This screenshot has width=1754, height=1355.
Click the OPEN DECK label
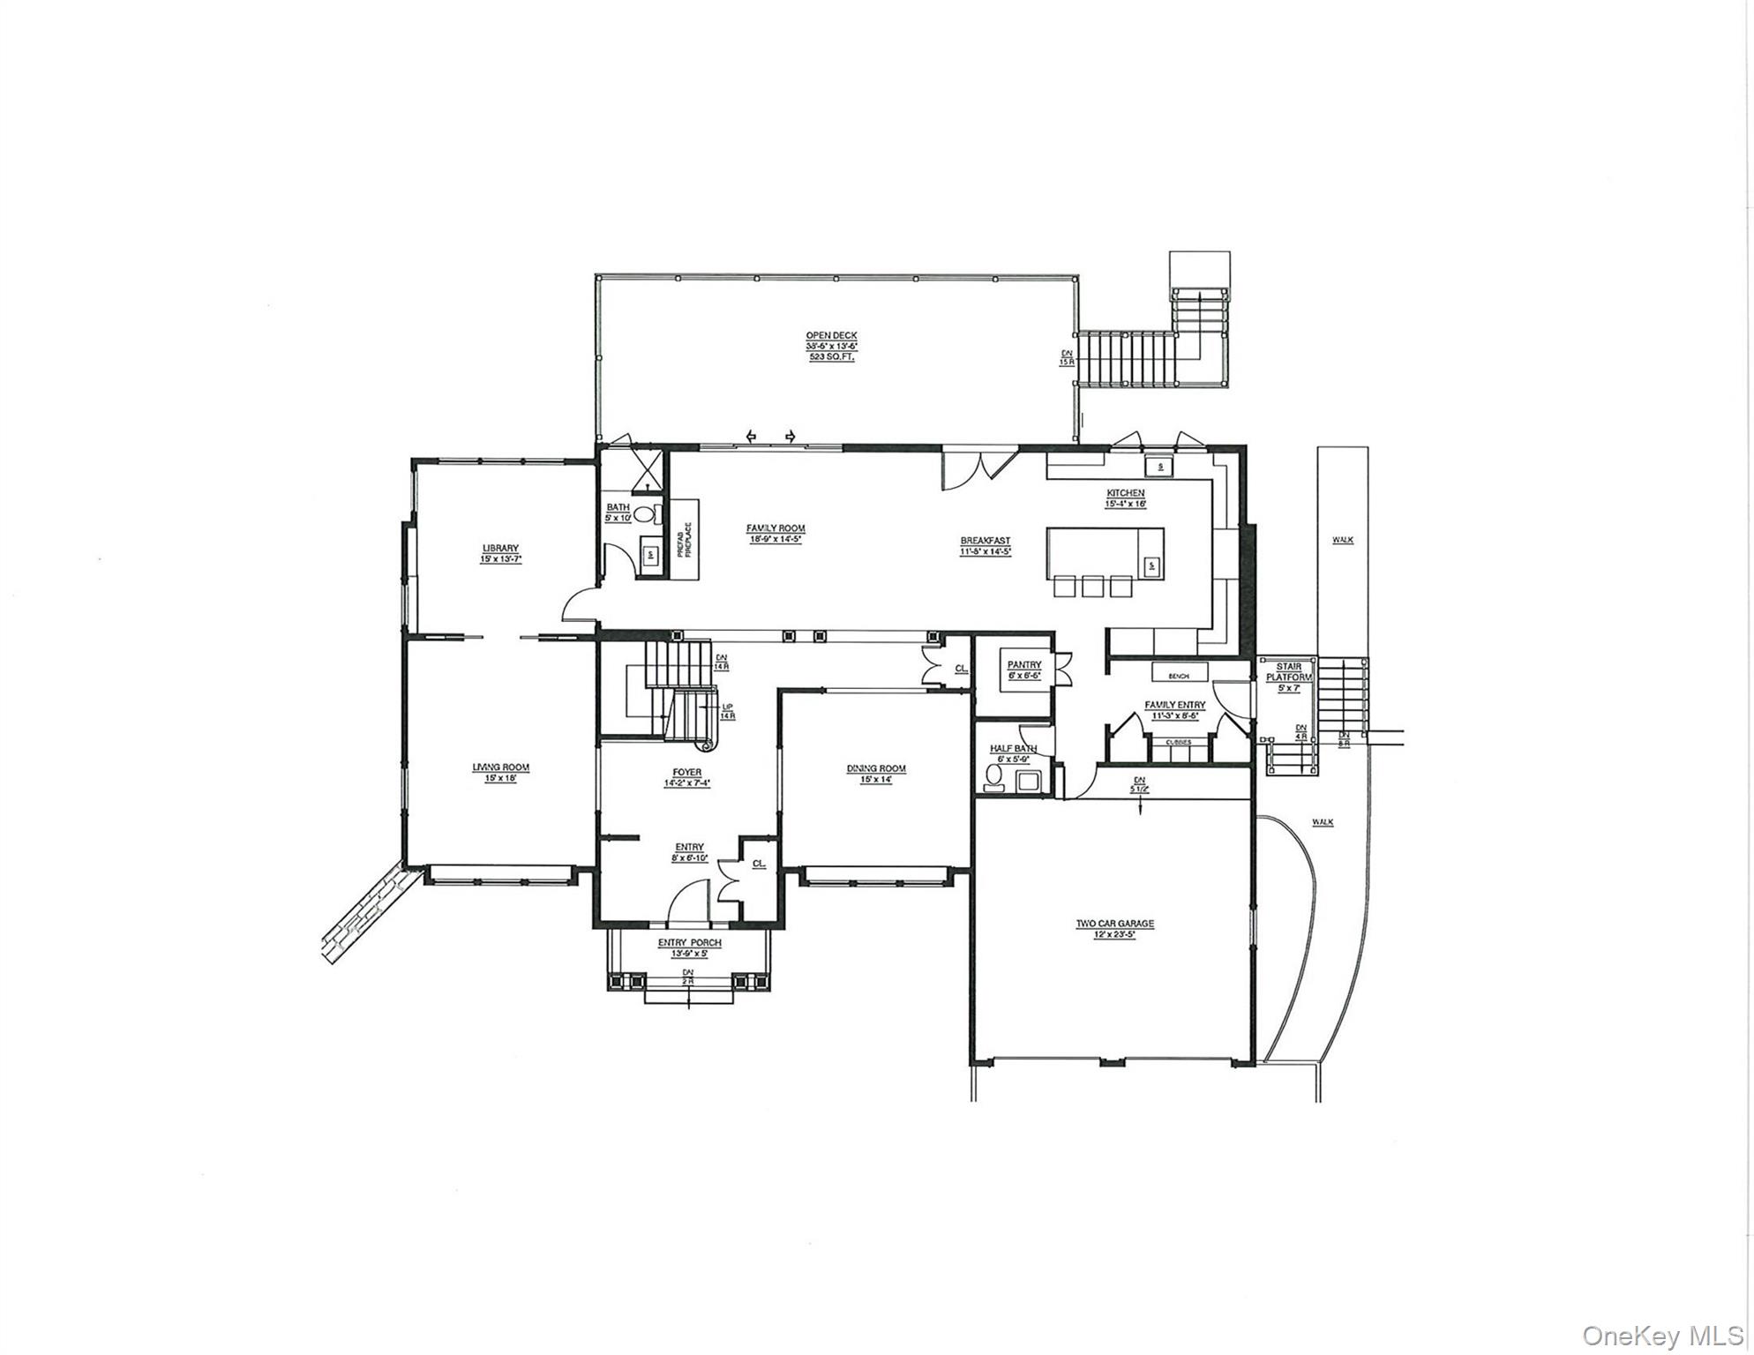tap(830, 335)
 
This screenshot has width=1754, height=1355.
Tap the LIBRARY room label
tap(500, 548)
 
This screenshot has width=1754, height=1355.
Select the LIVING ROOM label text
tap(500, 767)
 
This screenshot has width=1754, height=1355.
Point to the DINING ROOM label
tap(876, 768)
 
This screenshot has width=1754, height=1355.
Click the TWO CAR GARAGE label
tap(1114, 924)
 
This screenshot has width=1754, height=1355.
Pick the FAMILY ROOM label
tap(776, 528)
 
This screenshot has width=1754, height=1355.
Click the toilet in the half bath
tap(994, 777)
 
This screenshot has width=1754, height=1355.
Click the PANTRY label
tap(1023, 664)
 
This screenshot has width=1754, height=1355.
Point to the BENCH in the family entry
tap(1179, 675)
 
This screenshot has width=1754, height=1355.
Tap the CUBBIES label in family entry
tap(1179, 743)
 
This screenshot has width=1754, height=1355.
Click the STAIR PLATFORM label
tap(1289, 671)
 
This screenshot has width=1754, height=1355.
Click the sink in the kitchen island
tap(1151, 565)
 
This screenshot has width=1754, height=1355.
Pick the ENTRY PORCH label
tap(689, 942)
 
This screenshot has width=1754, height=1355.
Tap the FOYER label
tap(687, 773)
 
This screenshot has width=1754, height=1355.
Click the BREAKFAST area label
tap(986, 541)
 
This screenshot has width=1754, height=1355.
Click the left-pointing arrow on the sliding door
tap(751, 436)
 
